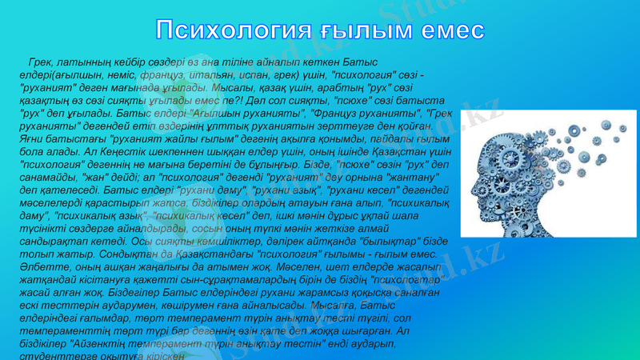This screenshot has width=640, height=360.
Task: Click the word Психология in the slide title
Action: coord(232,30)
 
